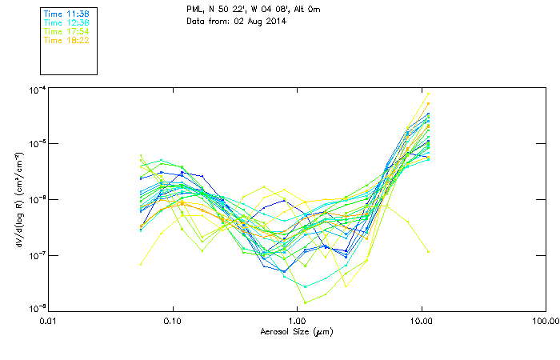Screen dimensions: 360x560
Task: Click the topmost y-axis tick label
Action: coord(34,90)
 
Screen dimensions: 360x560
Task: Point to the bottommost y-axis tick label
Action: coord(34,309)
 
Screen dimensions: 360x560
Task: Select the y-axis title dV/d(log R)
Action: coord(18,198)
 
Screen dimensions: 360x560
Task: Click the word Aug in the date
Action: coord(254,21)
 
